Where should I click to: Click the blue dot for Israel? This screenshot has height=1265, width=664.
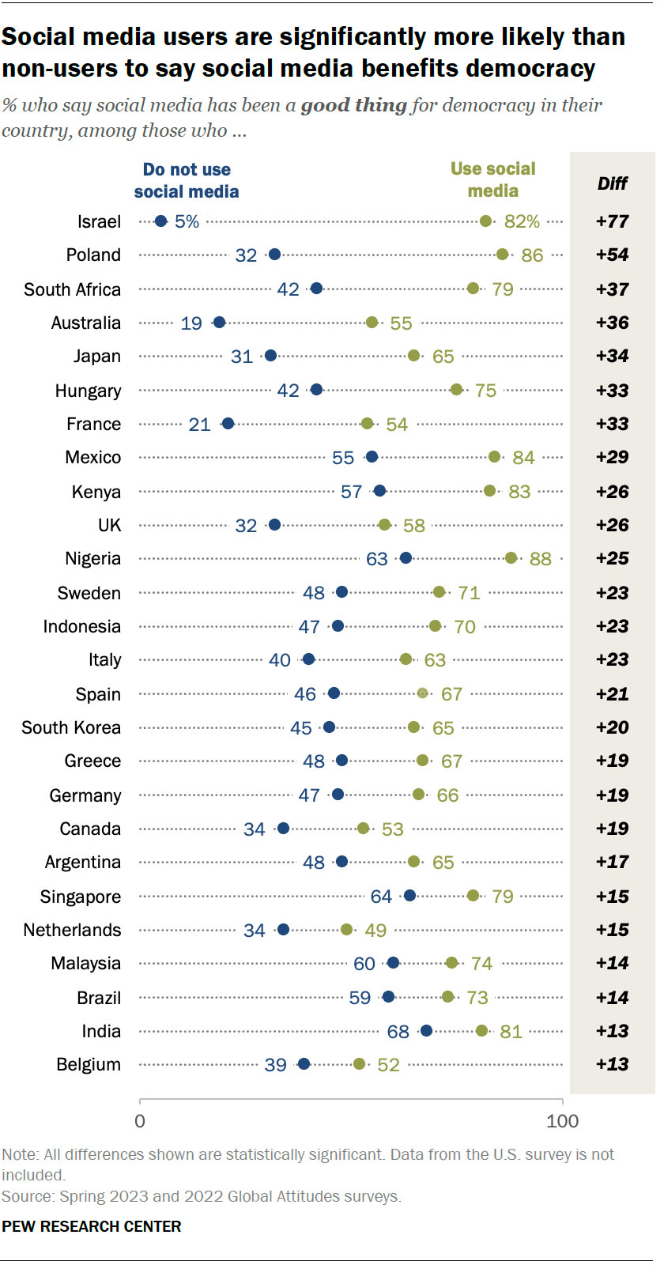[160, 221]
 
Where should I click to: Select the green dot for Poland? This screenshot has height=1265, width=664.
[502, 255]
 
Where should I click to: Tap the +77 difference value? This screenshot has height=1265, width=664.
[612, 221]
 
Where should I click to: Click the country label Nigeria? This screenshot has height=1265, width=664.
[93, 559]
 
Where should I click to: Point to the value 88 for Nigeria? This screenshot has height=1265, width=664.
[540, 559]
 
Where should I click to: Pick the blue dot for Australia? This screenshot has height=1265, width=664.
[220, 323]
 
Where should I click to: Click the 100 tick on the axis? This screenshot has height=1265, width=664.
[562, 1121]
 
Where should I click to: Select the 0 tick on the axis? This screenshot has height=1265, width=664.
[140, 1121]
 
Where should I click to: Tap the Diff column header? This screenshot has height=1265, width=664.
[612, 183]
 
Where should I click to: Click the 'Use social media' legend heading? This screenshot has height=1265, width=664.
[492, 179]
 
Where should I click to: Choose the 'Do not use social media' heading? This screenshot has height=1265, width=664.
[187, 180]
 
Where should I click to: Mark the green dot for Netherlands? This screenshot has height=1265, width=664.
[346, 930]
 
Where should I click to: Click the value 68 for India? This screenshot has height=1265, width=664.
[398, 1032]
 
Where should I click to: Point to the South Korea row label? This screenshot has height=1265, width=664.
[71, 728]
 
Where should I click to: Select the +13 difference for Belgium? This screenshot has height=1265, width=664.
[612, 1064]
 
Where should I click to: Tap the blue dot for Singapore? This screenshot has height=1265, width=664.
[409, 896]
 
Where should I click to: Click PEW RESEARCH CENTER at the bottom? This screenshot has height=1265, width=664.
[92, 1226]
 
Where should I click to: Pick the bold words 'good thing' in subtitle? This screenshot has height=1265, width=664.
[353, 105]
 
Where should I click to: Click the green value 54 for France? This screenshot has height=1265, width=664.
[396, 425]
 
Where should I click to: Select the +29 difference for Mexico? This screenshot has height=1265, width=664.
[612, 457]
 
